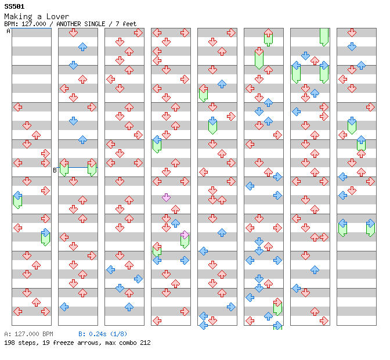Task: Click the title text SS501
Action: tap(14, 6)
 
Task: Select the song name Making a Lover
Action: tap(37, 17)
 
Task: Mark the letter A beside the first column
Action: tap(8, 31)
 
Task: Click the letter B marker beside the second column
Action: tap(55, 170)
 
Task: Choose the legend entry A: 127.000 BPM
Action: tap(28, 334)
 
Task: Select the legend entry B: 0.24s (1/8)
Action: tap(103, 334)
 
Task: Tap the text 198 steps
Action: tap(18, 343)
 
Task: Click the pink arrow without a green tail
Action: tap(166, 197)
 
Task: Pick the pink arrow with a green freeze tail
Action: tap(185, 235)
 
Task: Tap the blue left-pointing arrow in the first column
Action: tap(17, 196)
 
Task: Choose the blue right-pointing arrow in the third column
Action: tap(138, 279)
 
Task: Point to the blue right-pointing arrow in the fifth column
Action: tap(231, 307)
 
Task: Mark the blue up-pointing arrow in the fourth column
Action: tap(175, 223)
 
